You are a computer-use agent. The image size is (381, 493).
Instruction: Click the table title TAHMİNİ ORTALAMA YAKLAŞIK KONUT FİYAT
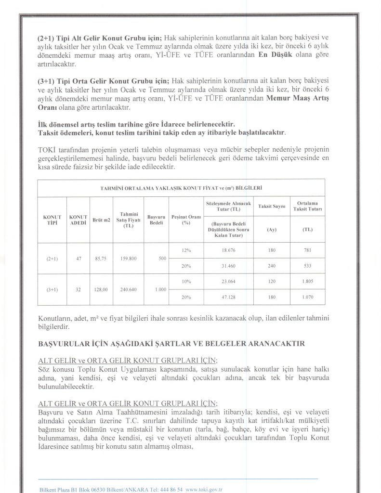tap(181, 188)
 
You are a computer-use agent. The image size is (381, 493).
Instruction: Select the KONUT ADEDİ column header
tap(78, 221)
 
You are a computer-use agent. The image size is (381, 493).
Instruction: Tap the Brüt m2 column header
tap(102, 220)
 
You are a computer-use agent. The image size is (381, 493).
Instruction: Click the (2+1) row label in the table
tap(52, 258)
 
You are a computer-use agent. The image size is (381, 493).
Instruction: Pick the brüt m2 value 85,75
tap(102, 258)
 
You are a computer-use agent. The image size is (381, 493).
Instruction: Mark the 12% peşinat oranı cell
tap(186, 250)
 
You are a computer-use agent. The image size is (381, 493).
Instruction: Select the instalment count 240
tap(272, 266)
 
